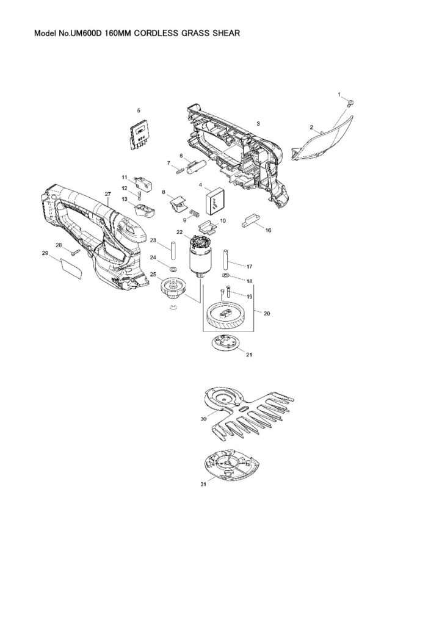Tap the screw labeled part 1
click(351, 103)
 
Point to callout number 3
click(258, 124)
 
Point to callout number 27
click(107, 194)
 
